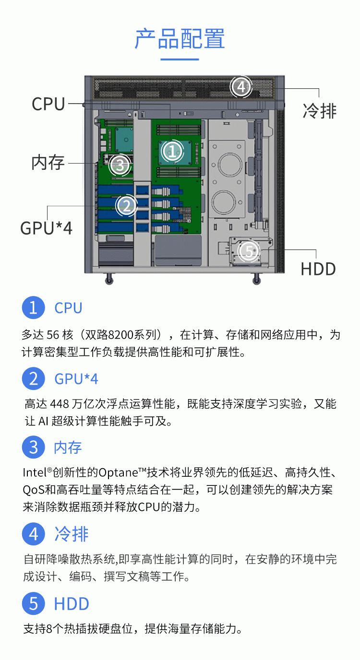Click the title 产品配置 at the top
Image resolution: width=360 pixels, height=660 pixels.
[x=180, y=38]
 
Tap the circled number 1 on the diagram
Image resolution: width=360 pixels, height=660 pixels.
[x=172, y=152]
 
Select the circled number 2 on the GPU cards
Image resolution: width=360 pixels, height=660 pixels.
[x=126, y=205]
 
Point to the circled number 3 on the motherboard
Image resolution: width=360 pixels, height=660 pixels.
[x=120, y=165]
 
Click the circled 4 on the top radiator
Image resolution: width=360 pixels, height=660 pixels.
[x=241, y=87]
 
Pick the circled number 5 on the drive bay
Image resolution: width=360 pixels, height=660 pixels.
[x=249, y=251]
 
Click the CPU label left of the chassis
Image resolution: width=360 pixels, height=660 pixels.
[x=48, y=104]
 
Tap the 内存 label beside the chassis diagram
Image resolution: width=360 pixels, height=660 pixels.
[x=48, y=162]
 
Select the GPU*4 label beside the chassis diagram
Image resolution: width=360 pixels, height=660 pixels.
[x=46, y=228]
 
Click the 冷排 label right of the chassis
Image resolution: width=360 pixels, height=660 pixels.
[x=320, y=111]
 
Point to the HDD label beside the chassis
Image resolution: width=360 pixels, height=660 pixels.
[x=318, y=269]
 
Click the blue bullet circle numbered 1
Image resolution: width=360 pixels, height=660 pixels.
[x=33, y=307]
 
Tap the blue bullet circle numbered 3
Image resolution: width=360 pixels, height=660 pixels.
[x=33, y=447]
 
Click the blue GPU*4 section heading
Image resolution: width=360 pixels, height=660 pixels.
[x=76, y=379]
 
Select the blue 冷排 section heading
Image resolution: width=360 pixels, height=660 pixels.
[x=72, y=534]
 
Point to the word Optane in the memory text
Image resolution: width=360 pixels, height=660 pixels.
[x=118, y=473]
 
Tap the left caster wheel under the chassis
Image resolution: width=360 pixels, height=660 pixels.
[x=109, y=279]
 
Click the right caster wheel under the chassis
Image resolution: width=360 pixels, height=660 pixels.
[x=256, y=279]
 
